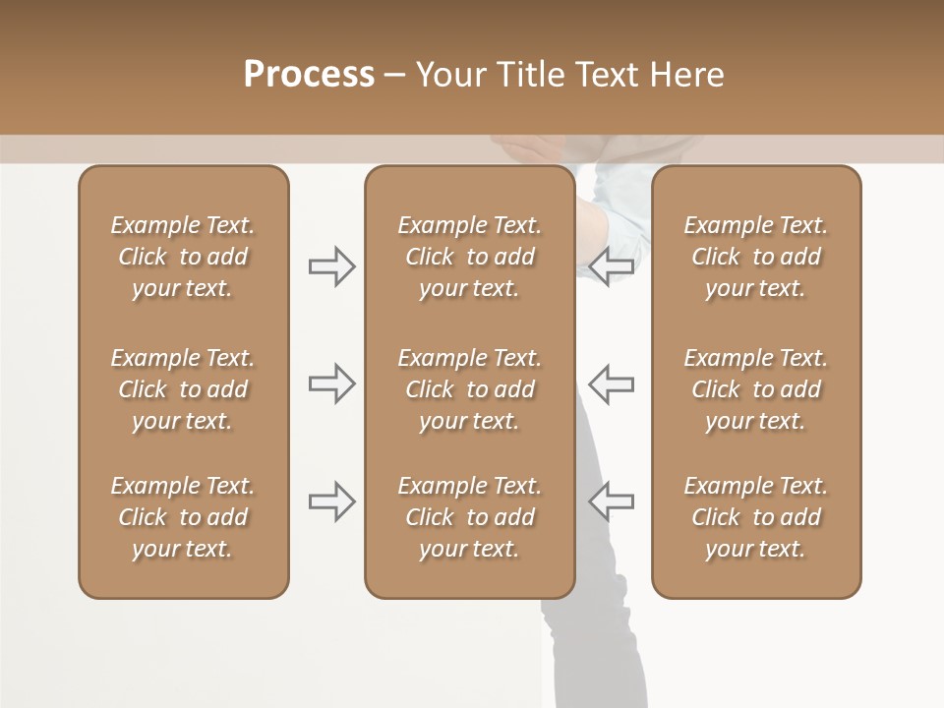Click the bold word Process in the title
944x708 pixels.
coord(309,75)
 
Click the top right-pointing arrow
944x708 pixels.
coord(332,266)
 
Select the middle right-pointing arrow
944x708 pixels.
coord(332,383)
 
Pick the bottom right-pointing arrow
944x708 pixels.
coord(332,501)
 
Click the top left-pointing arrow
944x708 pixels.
coord(611,266)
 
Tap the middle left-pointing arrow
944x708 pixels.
coord(611,383)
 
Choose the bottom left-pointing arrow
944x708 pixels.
coord(611,501)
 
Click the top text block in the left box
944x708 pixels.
coord(183,257)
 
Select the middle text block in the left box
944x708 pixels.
coord(183,389)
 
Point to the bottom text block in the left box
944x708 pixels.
coord(183,517)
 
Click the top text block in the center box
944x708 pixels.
coord(469,257)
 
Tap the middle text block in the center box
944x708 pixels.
coord(469,389)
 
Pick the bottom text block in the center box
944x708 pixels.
coord(469,517)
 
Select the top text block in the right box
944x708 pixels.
coord(755,257)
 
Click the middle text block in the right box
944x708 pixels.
coord(755,389)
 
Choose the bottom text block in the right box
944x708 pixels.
coord(755,517)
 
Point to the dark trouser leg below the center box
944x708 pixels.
coord(586,649)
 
